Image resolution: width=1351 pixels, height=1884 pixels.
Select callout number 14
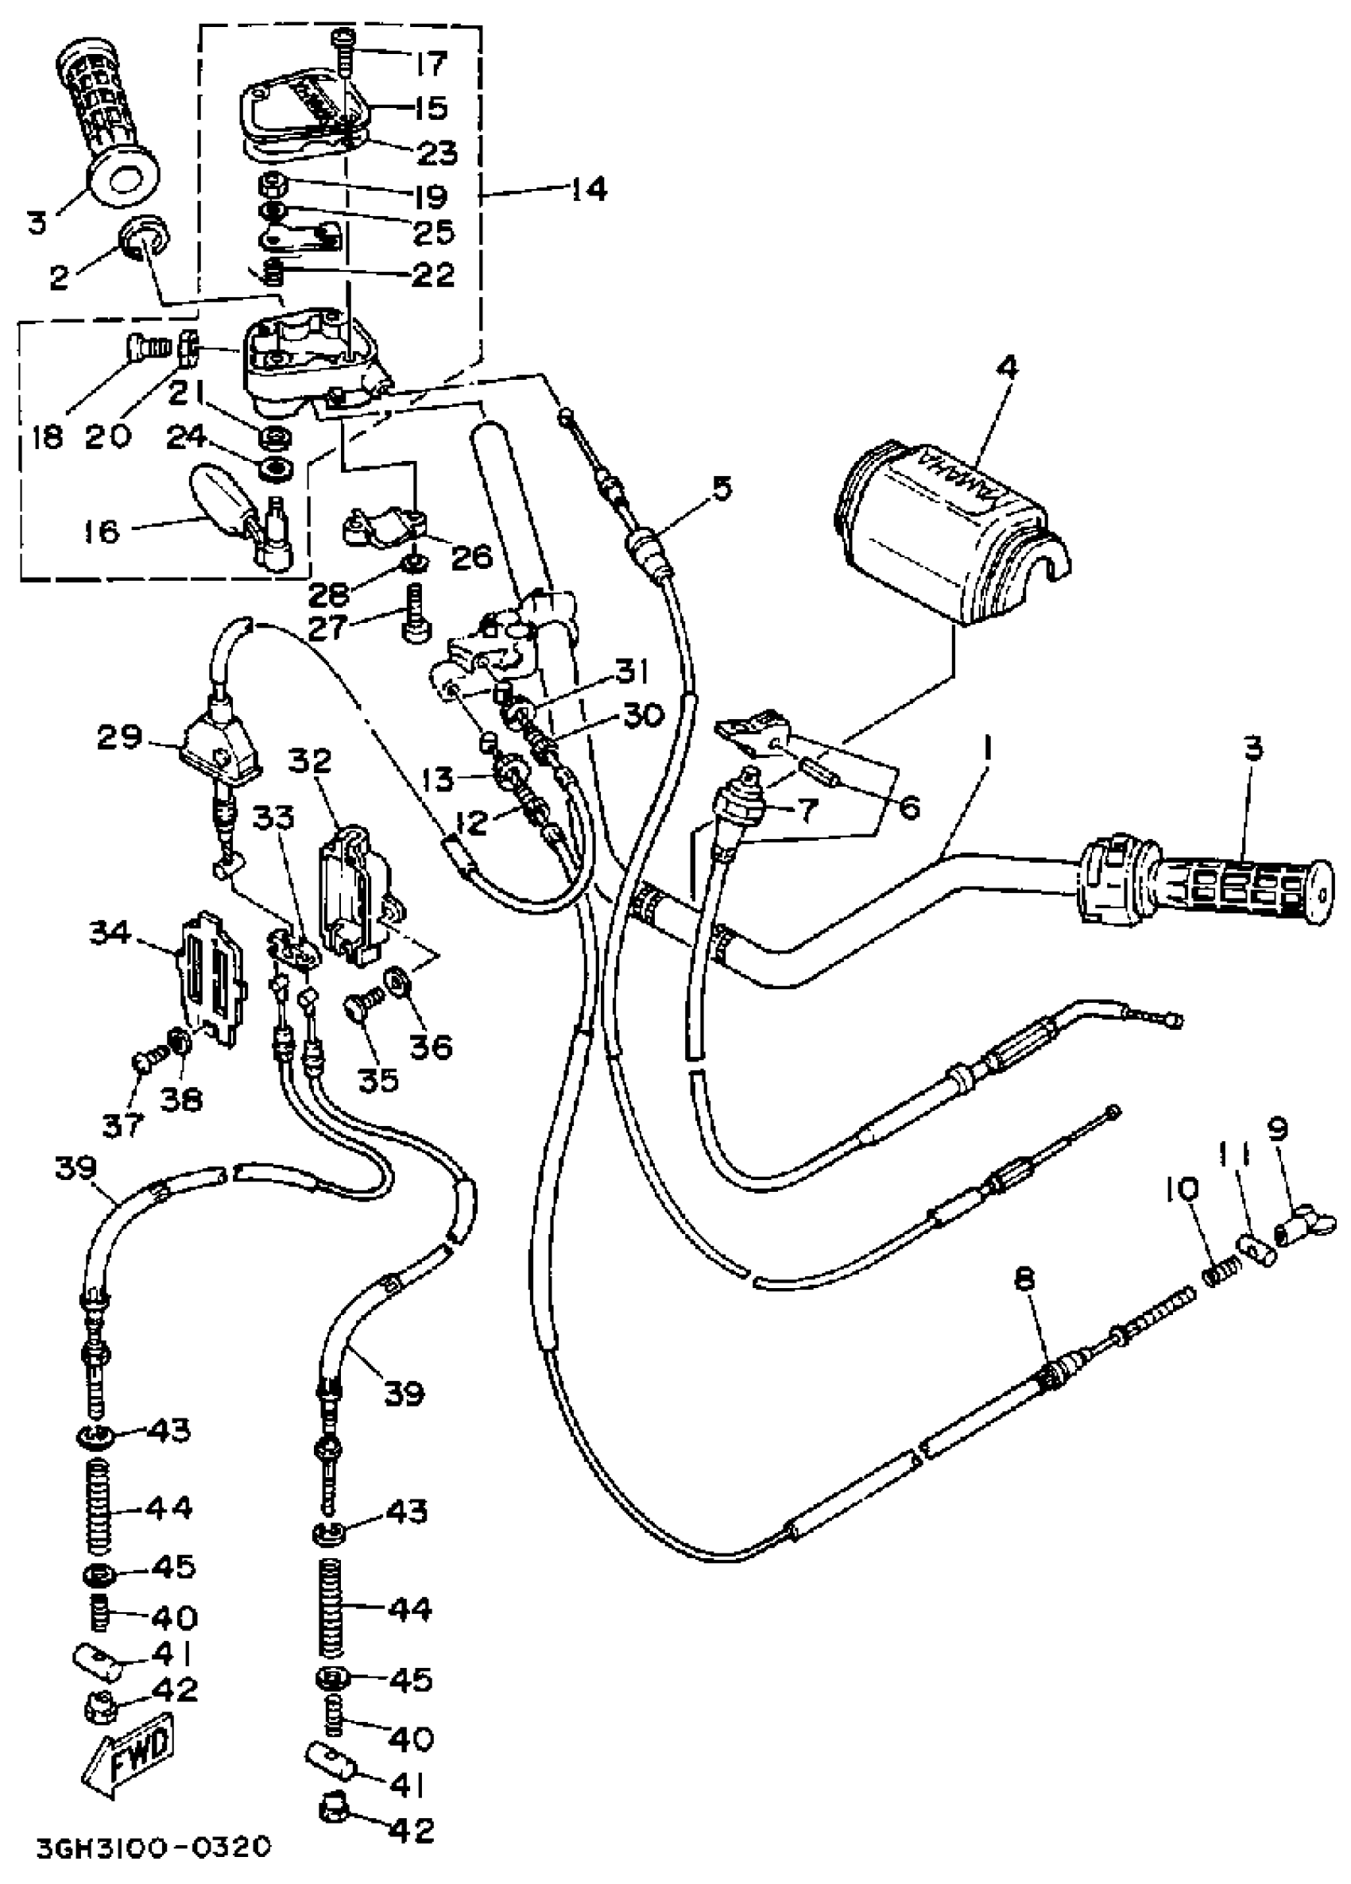pos(589,189)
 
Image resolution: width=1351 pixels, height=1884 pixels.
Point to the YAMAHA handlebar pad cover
pos(947,532)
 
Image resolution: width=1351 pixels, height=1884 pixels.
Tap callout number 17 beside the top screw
pos(432,62)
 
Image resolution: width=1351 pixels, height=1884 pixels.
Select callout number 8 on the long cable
pos(1025,1280)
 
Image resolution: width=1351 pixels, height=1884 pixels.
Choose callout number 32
pos(311,761)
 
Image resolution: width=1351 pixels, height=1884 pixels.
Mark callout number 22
pos(432,274)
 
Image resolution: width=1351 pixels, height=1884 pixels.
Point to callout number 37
pos(123,1126)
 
